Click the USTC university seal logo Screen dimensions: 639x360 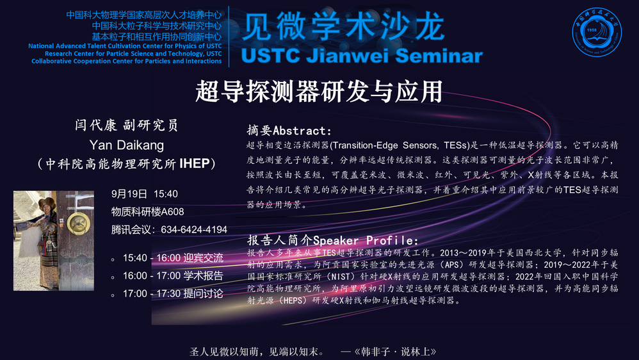(x=596, y=32)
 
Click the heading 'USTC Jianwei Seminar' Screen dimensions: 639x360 (x=362, y=56)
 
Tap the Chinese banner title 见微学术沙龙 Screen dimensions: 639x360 (x=343, y=26)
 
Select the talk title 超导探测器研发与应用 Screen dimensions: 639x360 (x=319, y=92)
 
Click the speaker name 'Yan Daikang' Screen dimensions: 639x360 (x=127, y=145)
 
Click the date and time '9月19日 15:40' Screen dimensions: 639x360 (x=145, y=193)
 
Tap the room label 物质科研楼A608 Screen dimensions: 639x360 (x=147, y=211)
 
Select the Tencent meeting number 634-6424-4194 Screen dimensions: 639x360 (x=194, y=229)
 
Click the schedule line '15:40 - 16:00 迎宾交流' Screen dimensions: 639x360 (x=174, y=258)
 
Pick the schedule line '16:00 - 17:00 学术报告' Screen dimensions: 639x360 (x=174, y=275)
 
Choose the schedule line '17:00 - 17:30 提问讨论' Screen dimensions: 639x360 (x=174, y=293)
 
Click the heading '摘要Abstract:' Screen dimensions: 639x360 (x=289, y=131)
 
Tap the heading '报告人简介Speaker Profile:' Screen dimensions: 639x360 (x=332, y=240)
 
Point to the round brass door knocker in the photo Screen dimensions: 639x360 (x=78, y=223)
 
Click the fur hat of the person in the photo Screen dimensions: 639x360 (x=47, y=202)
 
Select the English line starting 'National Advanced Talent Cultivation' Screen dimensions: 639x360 (x=125, y=46)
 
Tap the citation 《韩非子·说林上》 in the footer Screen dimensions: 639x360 (x=394, y=352)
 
